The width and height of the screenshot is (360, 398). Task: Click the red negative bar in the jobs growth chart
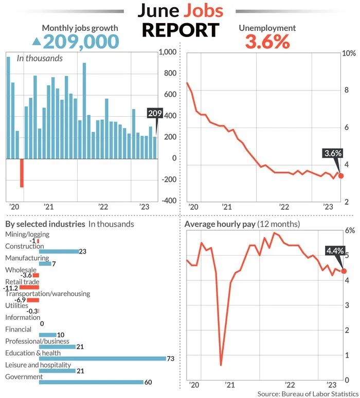(22, 173)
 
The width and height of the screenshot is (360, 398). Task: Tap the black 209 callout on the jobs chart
(155, 113)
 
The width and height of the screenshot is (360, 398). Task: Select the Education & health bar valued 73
(103, 358)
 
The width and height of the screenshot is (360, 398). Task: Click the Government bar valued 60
(91, 382)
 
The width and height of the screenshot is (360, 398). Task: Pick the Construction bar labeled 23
(59, 251)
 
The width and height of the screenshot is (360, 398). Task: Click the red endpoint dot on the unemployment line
(341, 176)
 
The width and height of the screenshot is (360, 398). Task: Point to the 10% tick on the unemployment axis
(349, 53)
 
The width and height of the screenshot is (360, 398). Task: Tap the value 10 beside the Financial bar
(61, 335)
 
